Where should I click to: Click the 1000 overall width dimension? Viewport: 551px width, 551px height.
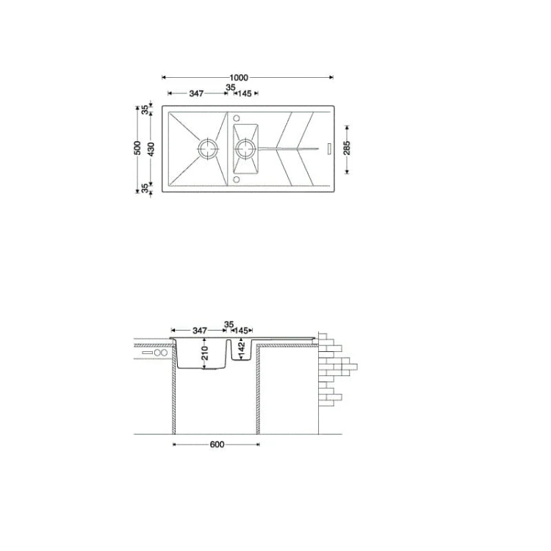(239, 78)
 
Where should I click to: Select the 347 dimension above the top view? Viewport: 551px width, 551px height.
(196, 93)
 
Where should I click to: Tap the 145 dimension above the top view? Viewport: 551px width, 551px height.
(245, 93)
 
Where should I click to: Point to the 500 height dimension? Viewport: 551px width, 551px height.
(138, 148)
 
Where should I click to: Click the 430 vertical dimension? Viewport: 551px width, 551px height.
(151, 149)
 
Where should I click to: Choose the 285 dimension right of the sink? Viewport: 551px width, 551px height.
(347, 148)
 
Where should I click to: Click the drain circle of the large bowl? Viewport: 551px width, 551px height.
(209, 148)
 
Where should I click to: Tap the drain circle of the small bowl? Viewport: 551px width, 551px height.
(245, 148)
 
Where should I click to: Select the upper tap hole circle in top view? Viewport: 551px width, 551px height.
(237, 118)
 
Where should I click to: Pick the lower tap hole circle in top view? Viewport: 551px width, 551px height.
(237, 180)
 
